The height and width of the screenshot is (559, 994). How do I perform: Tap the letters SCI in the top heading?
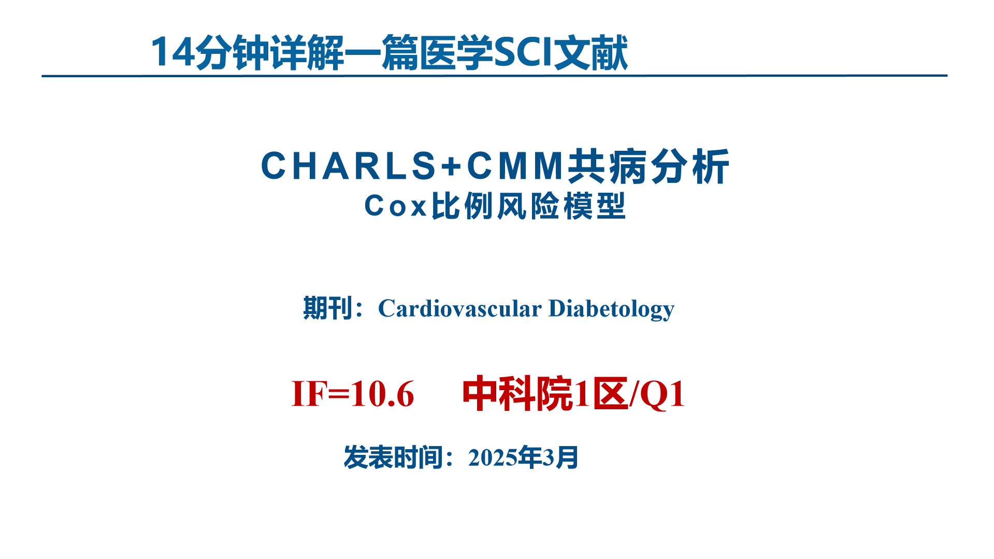(524, 52)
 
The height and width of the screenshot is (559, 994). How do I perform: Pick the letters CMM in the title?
(516, 166)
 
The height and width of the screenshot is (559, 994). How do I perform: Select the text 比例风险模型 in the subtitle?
(529, 206)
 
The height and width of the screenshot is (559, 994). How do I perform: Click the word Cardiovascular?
(460, 308)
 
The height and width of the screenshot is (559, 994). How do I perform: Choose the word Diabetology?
(611, 308)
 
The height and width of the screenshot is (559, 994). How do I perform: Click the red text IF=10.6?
(353, 394)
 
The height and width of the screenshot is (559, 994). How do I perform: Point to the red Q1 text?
(662, 394)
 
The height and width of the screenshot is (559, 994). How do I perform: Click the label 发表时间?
(393, 457)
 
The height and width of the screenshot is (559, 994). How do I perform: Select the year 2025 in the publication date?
(493, 457)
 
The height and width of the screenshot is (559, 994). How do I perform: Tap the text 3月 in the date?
(560, 457)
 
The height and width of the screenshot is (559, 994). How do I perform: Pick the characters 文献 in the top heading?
(591, 52)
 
